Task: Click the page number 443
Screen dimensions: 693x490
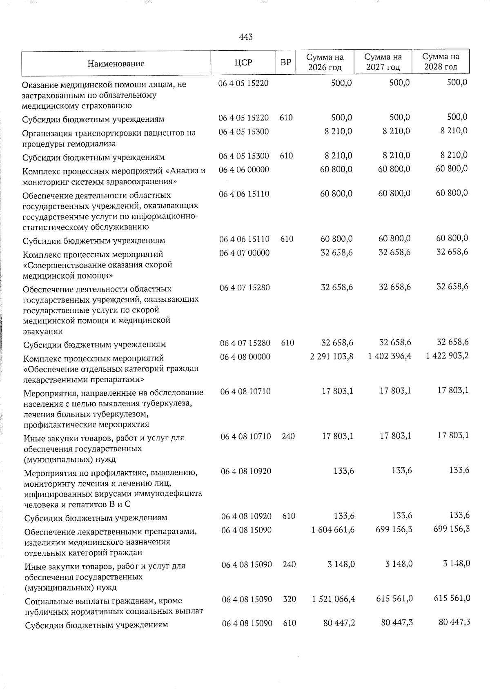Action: (246, 37)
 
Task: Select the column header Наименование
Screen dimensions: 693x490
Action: (116, 63)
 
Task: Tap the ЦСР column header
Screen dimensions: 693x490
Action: (243, 62)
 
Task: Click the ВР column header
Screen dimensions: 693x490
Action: (286, 62)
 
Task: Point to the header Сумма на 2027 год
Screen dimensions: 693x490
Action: (383, 62)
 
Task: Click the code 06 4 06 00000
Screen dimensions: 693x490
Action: (244, 169)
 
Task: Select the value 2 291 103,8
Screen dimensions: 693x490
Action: (332, 356)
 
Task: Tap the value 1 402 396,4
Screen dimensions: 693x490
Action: (390, 356)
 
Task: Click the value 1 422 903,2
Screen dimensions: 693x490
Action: (447, 356)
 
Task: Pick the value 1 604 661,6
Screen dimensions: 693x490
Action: (332, 530)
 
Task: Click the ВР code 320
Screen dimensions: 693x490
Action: (288, 599)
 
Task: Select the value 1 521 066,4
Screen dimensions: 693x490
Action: (332, 599)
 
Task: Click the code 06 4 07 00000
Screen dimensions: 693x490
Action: (244, 253)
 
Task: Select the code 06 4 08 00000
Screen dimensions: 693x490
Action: (245, 357)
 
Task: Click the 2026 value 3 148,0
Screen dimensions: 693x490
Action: (341, 564)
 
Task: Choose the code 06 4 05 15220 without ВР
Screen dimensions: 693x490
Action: (243, 83)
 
